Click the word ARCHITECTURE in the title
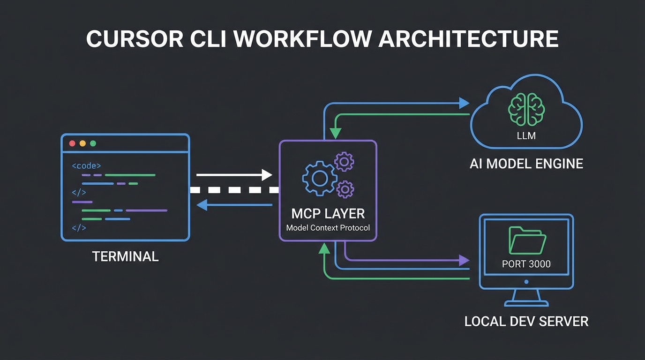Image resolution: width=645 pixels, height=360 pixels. (468, 39)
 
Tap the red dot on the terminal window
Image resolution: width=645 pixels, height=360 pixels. (72, 143)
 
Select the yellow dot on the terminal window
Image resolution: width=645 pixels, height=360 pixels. (82, 143)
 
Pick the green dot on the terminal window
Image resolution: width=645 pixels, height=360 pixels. (93, 143)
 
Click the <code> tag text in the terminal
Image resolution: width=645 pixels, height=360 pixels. (86, 165)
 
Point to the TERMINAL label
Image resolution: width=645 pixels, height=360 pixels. (125, 256)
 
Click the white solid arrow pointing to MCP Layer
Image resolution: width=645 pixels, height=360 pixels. (234, 175)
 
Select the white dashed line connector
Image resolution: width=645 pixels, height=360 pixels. (234, 190)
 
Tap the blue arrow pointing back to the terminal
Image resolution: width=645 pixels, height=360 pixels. (234, 204)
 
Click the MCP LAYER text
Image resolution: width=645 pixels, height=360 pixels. (328, 214)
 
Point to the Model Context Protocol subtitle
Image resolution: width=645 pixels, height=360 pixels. (328, 228)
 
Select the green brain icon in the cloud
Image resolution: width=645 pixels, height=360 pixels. (526, 109)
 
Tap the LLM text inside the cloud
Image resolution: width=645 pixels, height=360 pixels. (526, 136)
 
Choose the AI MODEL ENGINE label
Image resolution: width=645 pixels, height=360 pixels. (526, 164)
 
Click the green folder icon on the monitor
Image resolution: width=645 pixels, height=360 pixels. (527, 240)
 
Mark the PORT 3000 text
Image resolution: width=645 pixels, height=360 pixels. (526, 264)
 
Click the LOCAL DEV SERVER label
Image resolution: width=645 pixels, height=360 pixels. (526, 322)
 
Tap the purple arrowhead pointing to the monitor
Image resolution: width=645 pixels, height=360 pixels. (464, 260)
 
